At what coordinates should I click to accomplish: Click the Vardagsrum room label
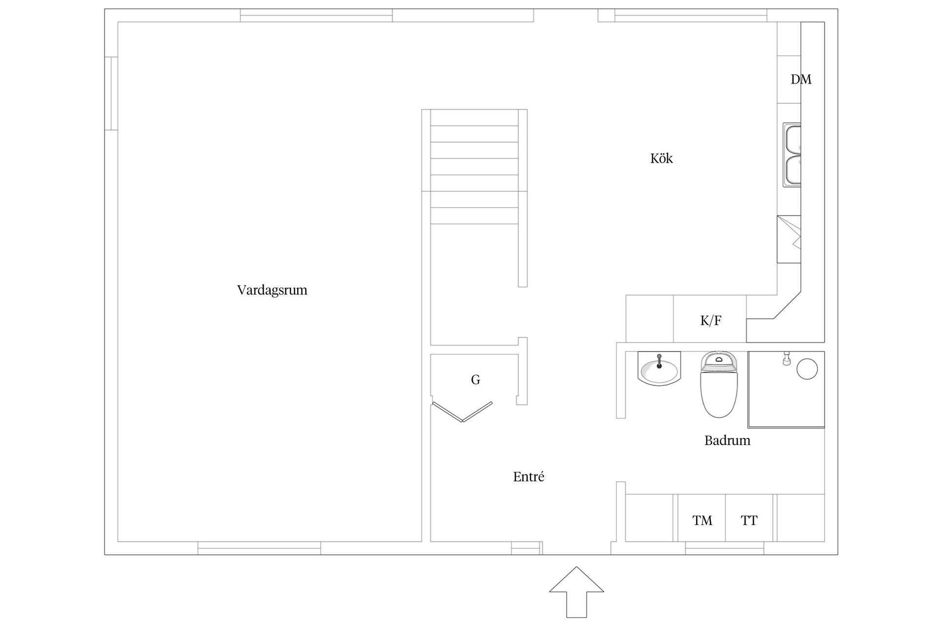(x=272, y=290)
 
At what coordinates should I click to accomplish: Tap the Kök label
(x=661, y=159)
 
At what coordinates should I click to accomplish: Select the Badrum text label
(x=727, y=440)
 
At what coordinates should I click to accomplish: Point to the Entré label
(x=529, y=477)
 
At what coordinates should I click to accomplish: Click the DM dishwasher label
(x=801, y=79)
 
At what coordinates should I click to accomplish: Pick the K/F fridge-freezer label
(x=710, y=320)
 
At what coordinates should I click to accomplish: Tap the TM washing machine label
(x=702, y=521)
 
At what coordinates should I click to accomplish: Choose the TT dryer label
(x=749, y=521)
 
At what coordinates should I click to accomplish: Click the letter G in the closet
(x=475, y=379)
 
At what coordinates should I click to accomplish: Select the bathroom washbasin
(x=659, y=371)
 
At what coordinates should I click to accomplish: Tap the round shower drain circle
(x=807, y=369)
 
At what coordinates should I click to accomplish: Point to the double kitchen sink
(x=792, y=155)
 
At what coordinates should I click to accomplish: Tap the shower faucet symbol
(x=787, y=358)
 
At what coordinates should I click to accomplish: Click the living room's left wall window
(x=111, y=94)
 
